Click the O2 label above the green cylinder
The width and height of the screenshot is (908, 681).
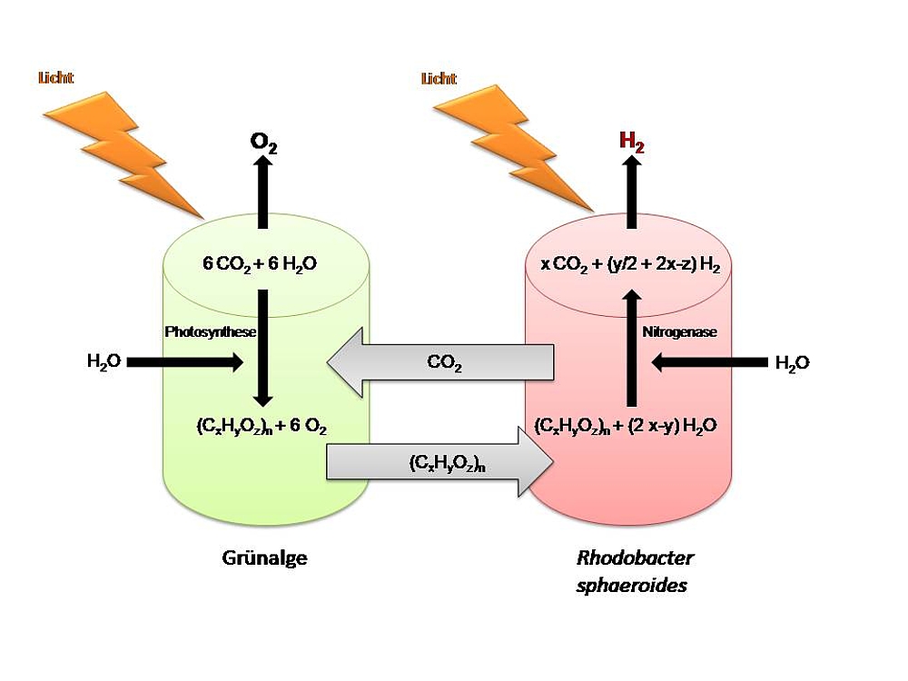coord(264,142)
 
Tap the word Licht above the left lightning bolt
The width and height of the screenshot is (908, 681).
coord(56,79)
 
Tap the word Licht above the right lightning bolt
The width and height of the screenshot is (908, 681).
coord(439,79)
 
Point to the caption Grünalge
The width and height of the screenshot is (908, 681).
coord(264,558)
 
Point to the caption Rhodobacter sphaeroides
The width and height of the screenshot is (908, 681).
coord(634,571)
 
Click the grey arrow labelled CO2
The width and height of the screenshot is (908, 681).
coord(440,364)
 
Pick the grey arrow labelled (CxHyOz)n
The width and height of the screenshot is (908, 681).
coord(440,464)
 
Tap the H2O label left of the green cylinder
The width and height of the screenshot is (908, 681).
coord(104,362)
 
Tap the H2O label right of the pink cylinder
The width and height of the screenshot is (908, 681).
coord(792,362)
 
